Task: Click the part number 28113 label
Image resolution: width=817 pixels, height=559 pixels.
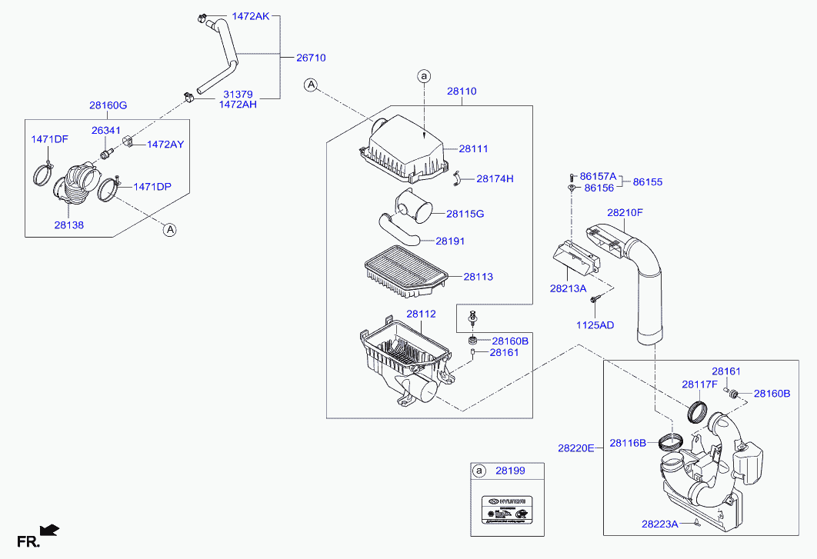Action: tap(479, 277)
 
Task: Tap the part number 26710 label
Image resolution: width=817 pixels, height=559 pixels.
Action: tap(312, 58)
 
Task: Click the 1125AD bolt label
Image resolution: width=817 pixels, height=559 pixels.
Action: tap(595, 325)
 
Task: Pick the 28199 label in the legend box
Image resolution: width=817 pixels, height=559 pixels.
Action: tap(510, 471)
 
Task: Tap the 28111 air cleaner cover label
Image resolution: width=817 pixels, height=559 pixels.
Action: tap(474, 149)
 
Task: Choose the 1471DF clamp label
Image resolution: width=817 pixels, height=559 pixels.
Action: tap(49, 139)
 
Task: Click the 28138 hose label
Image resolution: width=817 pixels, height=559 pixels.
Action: tap(68, 226)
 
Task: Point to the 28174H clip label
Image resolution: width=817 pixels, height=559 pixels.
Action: tap(495, 179)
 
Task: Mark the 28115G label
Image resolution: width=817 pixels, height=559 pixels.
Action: tap(465, 213)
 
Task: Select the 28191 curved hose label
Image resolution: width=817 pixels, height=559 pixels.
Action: tap(451, 241)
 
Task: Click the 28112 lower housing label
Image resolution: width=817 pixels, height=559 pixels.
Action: tap(421, 314)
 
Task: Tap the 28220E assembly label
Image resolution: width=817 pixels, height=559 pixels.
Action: tap(576, 447)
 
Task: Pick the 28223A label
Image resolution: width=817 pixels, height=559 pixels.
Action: tap(660, 524)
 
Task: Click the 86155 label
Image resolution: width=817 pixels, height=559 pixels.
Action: tap(648, 183)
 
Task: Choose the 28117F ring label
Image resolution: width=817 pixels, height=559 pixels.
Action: tap(699, 384)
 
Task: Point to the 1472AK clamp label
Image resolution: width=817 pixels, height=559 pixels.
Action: tap(251, 15)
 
